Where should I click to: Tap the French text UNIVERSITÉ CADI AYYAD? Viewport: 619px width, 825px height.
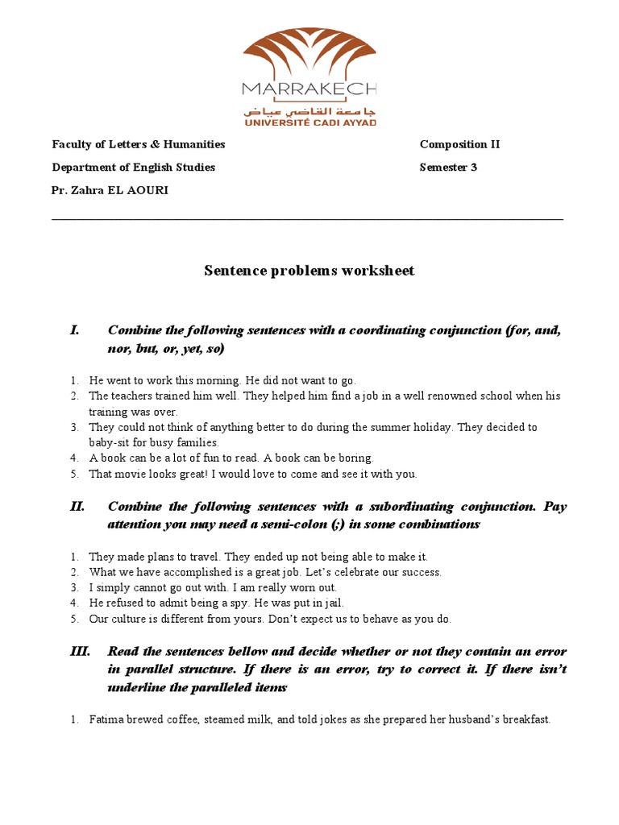pos(309,122)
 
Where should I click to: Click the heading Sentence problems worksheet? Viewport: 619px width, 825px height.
pos(309,271)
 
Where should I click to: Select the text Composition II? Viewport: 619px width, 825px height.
pos(459,145)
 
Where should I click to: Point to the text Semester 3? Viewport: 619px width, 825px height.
pos(448,168)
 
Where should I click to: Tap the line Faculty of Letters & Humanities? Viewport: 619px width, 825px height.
pos(139,145)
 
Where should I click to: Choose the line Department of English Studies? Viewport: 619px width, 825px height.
pos(134,168)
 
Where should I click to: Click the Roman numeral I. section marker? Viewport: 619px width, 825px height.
pos(75,330)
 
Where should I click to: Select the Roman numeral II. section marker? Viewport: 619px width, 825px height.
pos(77,507)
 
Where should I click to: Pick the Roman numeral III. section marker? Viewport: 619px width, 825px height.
pos(80,651)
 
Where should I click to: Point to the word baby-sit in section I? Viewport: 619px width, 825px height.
pos(110,443)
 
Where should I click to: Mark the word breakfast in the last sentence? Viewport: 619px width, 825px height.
pos(525,719)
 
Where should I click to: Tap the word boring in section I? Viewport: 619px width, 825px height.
pos(355,458)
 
